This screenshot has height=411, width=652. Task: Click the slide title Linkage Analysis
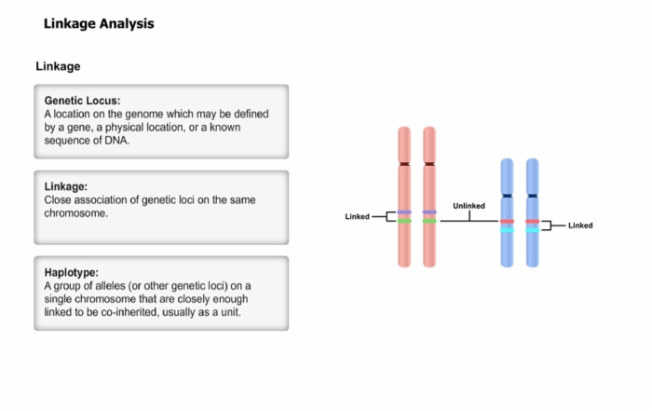(x=99, y=23)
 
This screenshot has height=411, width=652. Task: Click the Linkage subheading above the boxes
(x=58, y=66)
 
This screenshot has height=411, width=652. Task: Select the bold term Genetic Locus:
(x=82, y=101)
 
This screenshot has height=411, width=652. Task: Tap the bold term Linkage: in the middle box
(x=66, y=186)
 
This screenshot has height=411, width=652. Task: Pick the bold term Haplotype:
(x=72, y=272)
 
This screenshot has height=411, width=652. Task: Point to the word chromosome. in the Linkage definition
(x=76, y=213)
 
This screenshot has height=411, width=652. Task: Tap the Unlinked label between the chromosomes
(x=469, y=206)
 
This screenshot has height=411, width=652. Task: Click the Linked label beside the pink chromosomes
(x=357, y=217)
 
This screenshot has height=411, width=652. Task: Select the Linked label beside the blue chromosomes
(x=580, y=226)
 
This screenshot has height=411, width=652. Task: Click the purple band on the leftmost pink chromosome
(x=404, y=212)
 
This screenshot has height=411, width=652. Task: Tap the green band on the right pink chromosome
(x=429, y=221)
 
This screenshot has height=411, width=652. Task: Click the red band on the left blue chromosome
(x=507, y=221)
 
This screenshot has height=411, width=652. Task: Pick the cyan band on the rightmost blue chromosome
(x=532, y=230)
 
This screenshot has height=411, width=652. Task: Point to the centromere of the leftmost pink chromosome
(x=404, y=164)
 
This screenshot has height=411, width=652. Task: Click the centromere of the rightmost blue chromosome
(x=532, y=196)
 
